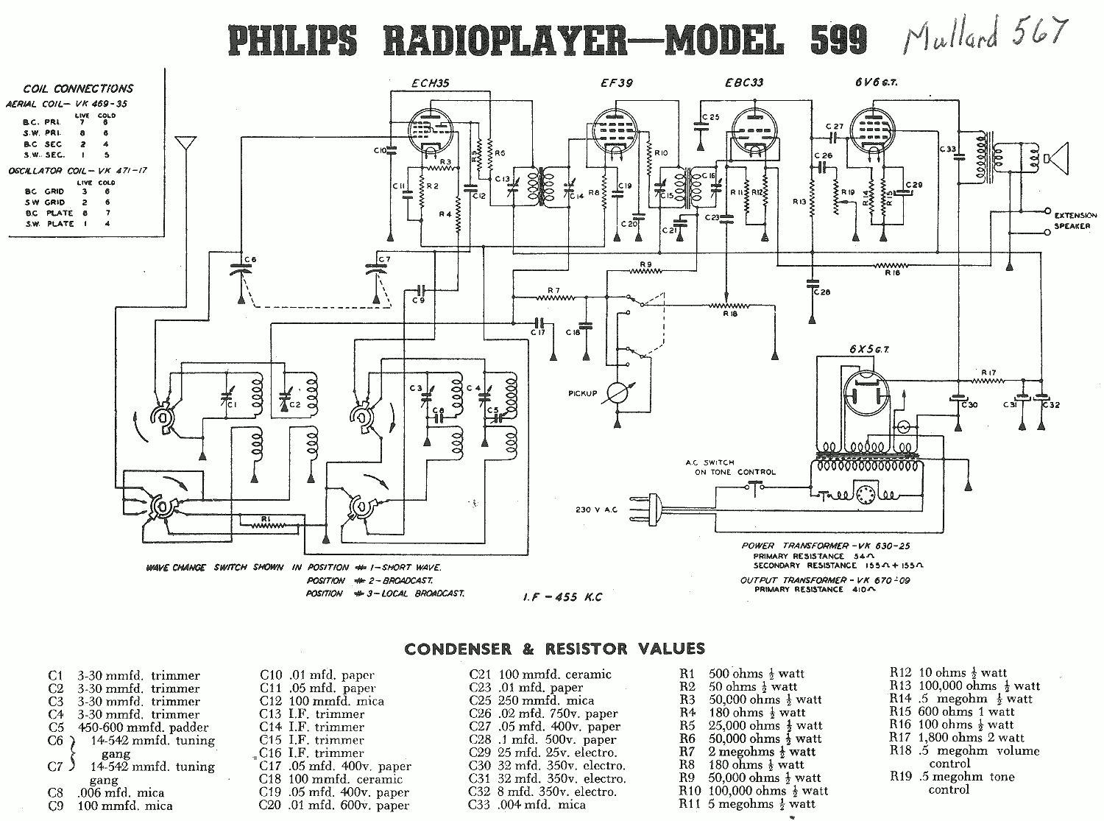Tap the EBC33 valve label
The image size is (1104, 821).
click(x=743, y=84)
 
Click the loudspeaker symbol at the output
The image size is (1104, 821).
click(x=1055, y=158)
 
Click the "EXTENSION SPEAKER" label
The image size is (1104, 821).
click(x=1075, y=221)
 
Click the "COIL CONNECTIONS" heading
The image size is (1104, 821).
click(x=78, y=89)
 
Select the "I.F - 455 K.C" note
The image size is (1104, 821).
click(x=560, y=596)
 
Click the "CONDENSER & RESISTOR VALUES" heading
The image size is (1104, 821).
click(x=554, y=649)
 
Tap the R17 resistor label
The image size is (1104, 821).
click(x=988, y=373)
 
